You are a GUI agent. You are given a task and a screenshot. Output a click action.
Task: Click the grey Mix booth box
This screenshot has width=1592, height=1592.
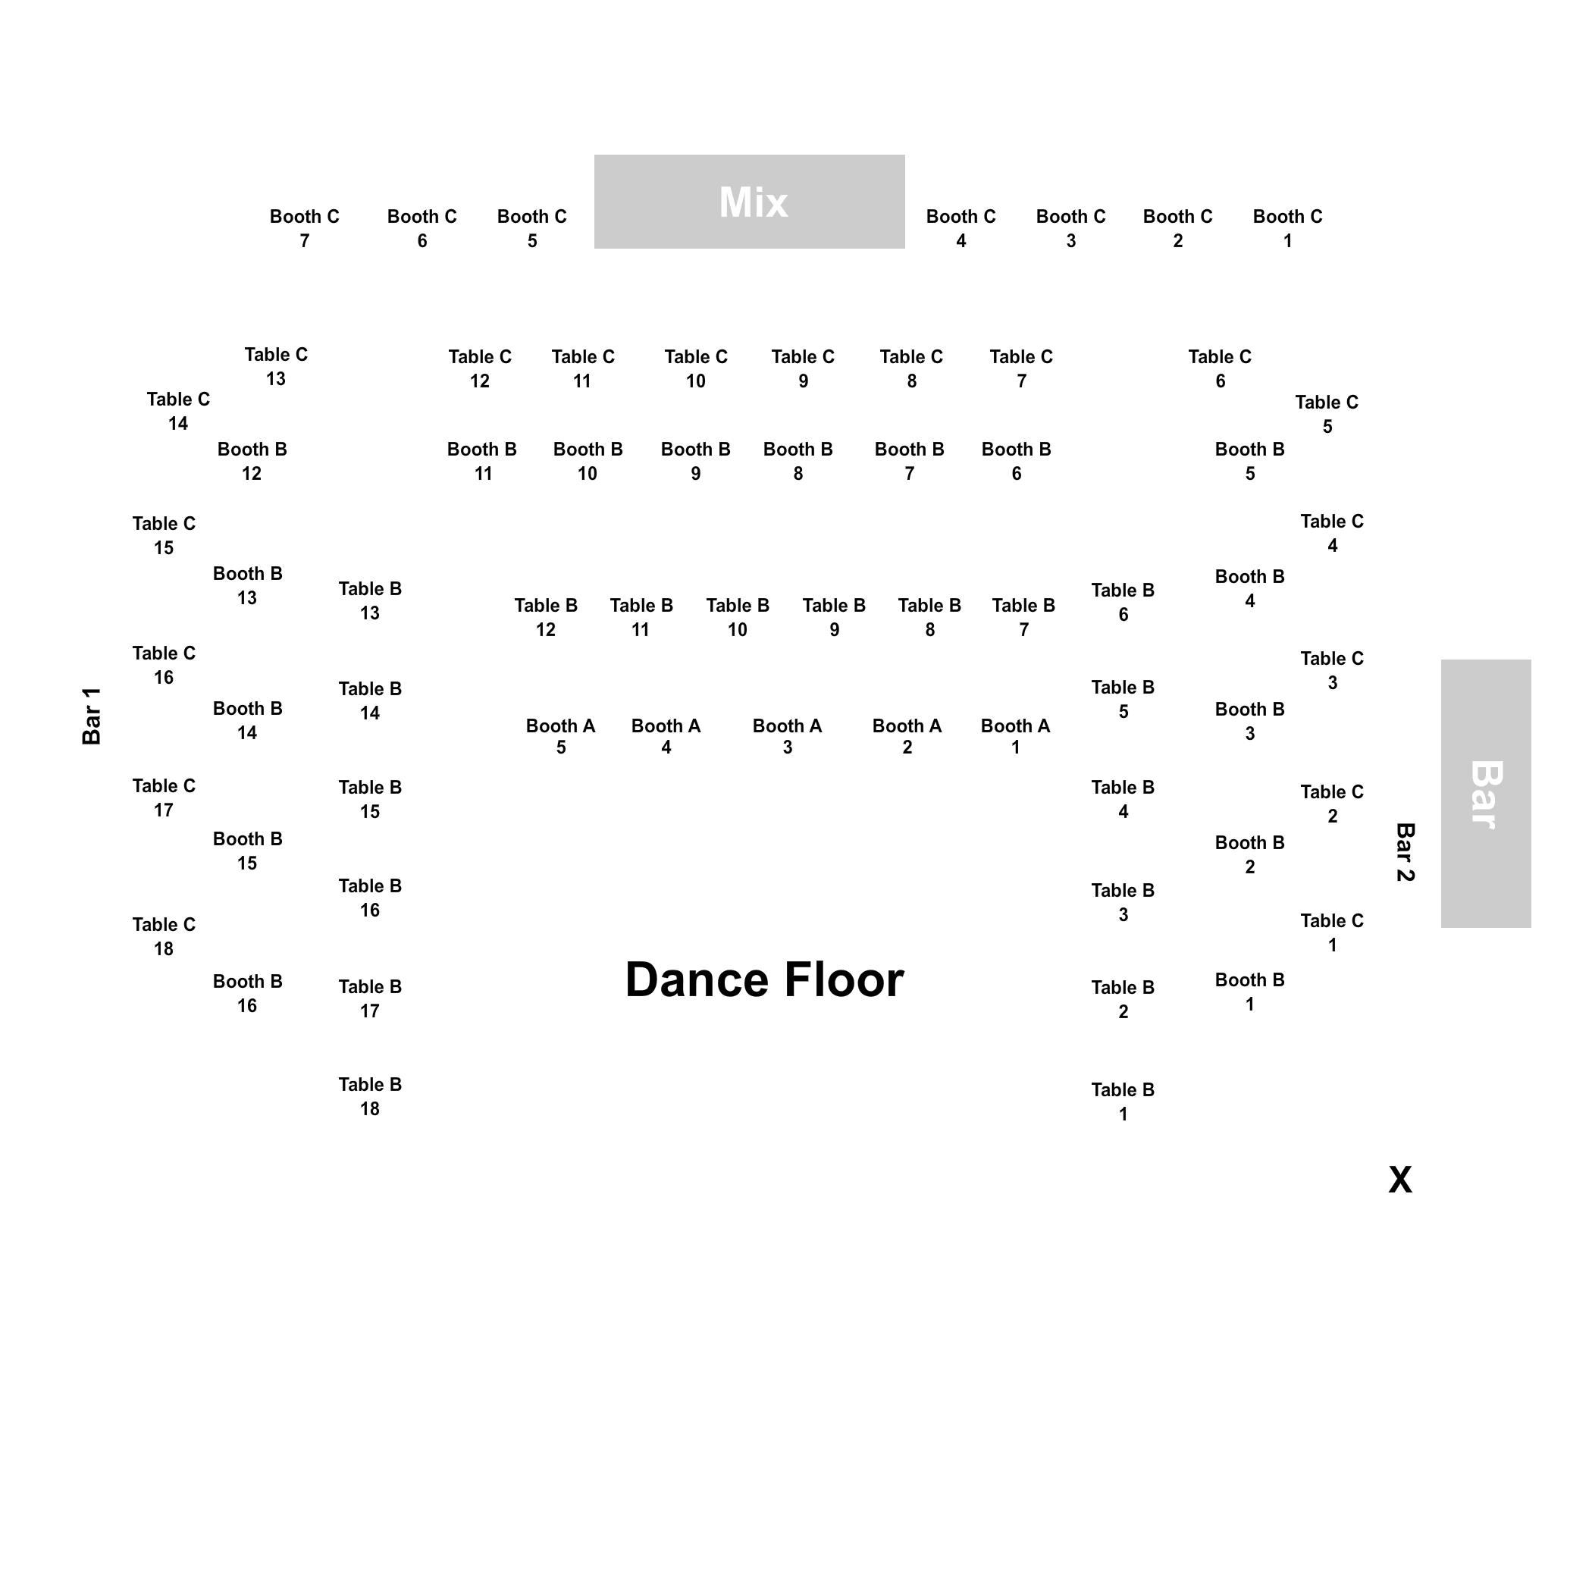[x=749, y=202]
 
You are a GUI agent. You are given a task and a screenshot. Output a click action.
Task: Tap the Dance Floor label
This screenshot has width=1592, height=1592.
[x=765, y=979]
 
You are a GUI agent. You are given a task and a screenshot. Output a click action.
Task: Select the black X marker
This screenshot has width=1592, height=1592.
[x=1400, y=1180]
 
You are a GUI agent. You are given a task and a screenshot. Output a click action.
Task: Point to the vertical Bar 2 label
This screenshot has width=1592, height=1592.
[x=1405, y=852]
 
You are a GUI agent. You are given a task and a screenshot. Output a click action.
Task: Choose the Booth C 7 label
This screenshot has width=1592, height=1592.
[x=304, y=228]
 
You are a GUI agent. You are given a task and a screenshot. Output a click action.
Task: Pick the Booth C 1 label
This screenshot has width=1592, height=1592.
[x=1287, y=228]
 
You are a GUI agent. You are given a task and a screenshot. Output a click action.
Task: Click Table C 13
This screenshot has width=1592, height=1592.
[x=276, y=367]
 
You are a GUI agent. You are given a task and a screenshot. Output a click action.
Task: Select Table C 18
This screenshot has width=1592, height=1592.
[x=164, y=936]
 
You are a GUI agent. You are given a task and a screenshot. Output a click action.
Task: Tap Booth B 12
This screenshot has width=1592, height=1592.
[x=252, y=462]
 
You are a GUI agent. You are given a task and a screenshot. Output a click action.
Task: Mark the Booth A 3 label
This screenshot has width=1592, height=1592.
[x=787, y=737]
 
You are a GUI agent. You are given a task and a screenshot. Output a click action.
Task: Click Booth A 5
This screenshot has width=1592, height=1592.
[x=560, y=737]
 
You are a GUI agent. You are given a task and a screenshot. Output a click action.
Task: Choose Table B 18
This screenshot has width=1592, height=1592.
[x=370, y=1096]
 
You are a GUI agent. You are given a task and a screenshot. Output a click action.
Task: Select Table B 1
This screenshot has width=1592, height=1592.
[x=1123, y=1102]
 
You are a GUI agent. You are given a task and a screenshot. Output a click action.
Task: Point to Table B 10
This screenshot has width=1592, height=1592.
[x=738, y=617]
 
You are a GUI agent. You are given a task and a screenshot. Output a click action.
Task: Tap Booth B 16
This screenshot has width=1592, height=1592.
[x=247, y=993]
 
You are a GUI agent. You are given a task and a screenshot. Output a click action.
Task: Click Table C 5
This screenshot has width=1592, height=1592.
[x=1327, y=415]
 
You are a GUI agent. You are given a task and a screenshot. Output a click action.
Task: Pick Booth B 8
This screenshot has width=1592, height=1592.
[x=798, y=462]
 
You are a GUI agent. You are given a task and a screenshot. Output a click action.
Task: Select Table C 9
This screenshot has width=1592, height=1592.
[x=803, y=368]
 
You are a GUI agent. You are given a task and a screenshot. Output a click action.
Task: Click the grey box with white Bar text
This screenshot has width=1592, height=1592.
[x=1486, y=794]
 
